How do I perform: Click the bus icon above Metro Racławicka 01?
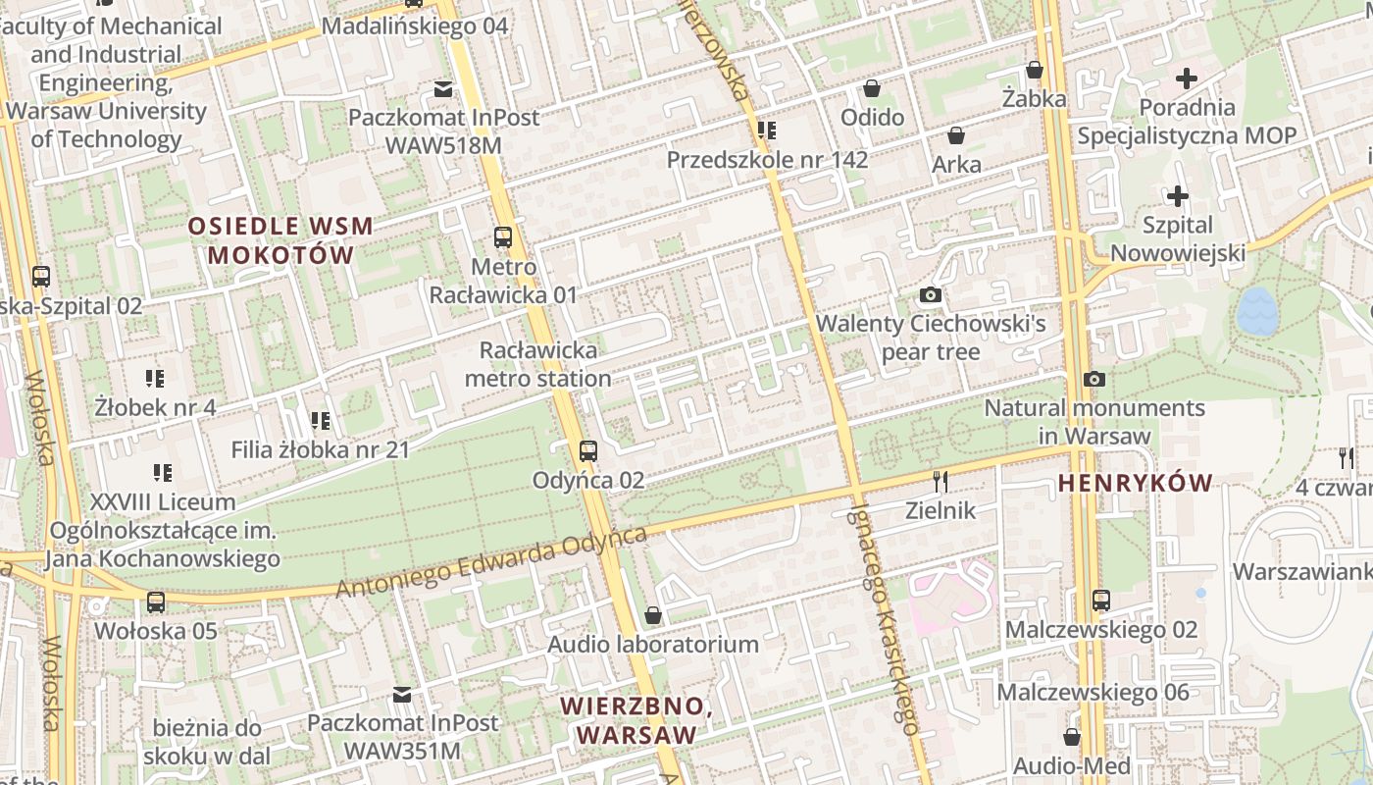click(x=503, y=236)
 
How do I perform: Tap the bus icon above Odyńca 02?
click(x=587, y=451)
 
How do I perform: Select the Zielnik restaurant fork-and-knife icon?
click(x=941, y=481)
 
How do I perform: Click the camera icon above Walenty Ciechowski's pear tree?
click(x=931, y=294)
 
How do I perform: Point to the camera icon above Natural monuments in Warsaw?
click(x=1094, y=379)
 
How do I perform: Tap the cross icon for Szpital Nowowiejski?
click(x=1177, y=197)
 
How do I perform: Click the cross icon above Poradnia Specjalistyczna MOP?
click(x=1187, y=78)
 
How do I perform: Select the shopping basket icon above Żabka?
click(x=1035, y=70)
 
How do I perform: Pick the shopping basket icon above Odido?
click(x=872, y=89)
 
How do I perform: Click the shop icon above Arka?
click(x=956, y=135)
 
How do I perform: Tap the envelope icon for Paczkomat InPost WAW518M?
click(x=443, y=89)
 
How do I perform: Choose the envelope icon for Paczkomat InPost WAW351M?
click(x=402, y=695)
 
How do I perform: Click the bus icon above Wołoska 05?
click(x=156, y=602)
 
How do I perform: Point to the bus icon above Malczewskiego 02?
click(x=1101, y=601)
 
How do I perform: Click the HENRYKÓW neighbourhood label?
click(x=1136, y=483)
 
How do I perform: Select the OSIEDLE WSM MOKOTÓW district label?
click(x=280, y=240)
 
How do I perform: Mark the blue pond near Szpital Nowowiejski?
click(x=1255, y=311)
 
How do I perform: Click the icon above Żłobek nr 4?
click(x=155, y=378)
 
